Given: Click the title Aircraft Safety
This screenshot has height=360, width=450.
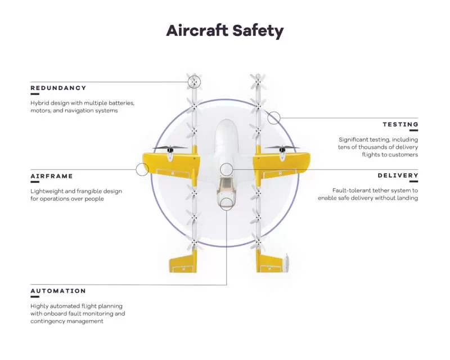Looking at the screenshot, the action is click(x=224, y=31).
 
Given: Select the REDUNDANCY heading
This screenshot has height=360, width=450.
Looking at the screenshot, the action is click(x=58, y=88).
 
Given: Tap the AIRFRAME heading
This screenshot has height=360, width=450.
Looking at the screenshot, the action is click(x=52, y=176).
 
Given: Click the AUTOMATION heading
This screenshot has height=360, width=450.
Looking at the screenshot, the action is click(x=58, y=291).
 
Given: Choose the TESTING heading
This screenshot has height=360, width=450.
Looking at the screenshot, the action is click(x=400, y=124).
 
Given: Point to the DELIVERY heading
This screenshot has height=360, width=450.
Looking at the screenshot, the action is click(x=398, y=175).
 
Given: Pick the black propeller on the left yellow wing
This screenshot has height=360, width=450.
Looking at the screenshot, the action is click(x=170, y=148).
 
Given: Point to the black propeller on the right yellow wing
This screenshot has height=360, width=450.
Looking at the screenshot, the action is click(x=282, y=148).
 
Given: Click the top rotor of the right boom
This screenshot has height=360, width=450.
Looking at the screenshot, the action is click(x=258, y=82).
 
